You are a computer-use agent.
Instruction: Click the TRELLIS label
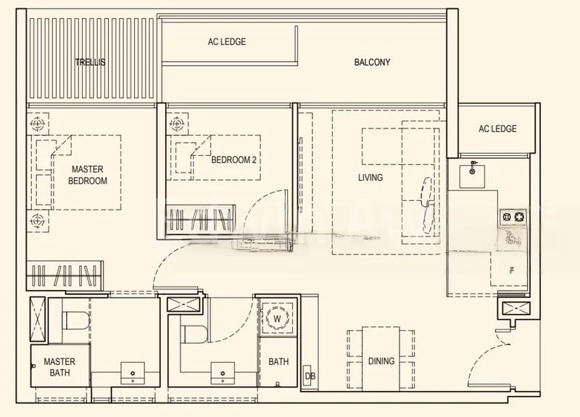coord(90,62)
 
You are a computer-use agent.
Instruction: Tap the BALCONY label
coord(372,62)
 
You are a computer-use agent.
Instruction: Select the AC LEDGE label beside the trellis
coord(226,42)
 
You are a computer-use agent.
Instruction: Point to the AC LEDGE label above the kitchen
coord(497,129)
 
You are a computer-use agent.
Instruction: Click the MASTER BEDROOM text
coord(88,176)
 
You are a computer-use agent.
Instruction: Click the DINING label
coord(381,361)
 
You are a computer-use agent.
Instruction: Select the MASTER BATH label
coord(59,367)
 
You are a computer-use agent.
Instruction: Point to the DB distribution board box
coord(310,376)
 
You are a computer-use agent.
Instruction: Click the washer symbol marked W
coord(277,318)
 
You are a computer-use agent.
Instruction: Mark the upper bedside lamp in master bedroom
coord(37,124)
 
